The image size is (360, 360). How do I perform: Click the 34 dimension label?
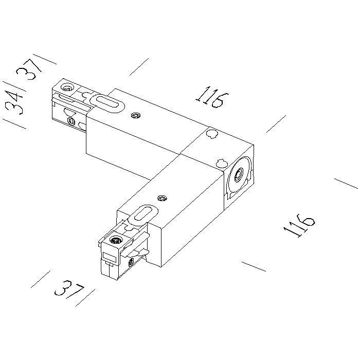tap(14, 103)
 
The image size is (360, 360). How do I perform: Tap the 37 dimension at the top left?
tap(29, 68)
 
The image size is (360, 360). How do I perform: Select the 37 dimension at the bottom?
tap(69, 289)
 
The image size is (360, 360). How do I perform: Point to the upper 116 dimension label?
tap(212, 97)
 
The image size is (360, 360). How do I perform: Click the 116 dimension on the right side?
tap(299, 225)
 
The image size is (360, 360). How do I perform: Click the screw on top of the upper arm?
tap(136, 116)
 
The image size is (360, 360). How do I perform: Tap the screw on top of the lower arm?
tap(163, 198)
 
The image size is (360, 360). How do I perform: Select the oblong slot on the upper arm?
tap(107, 104)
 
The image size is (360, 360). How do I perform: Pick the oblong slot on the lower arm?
tap(143, 214)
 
